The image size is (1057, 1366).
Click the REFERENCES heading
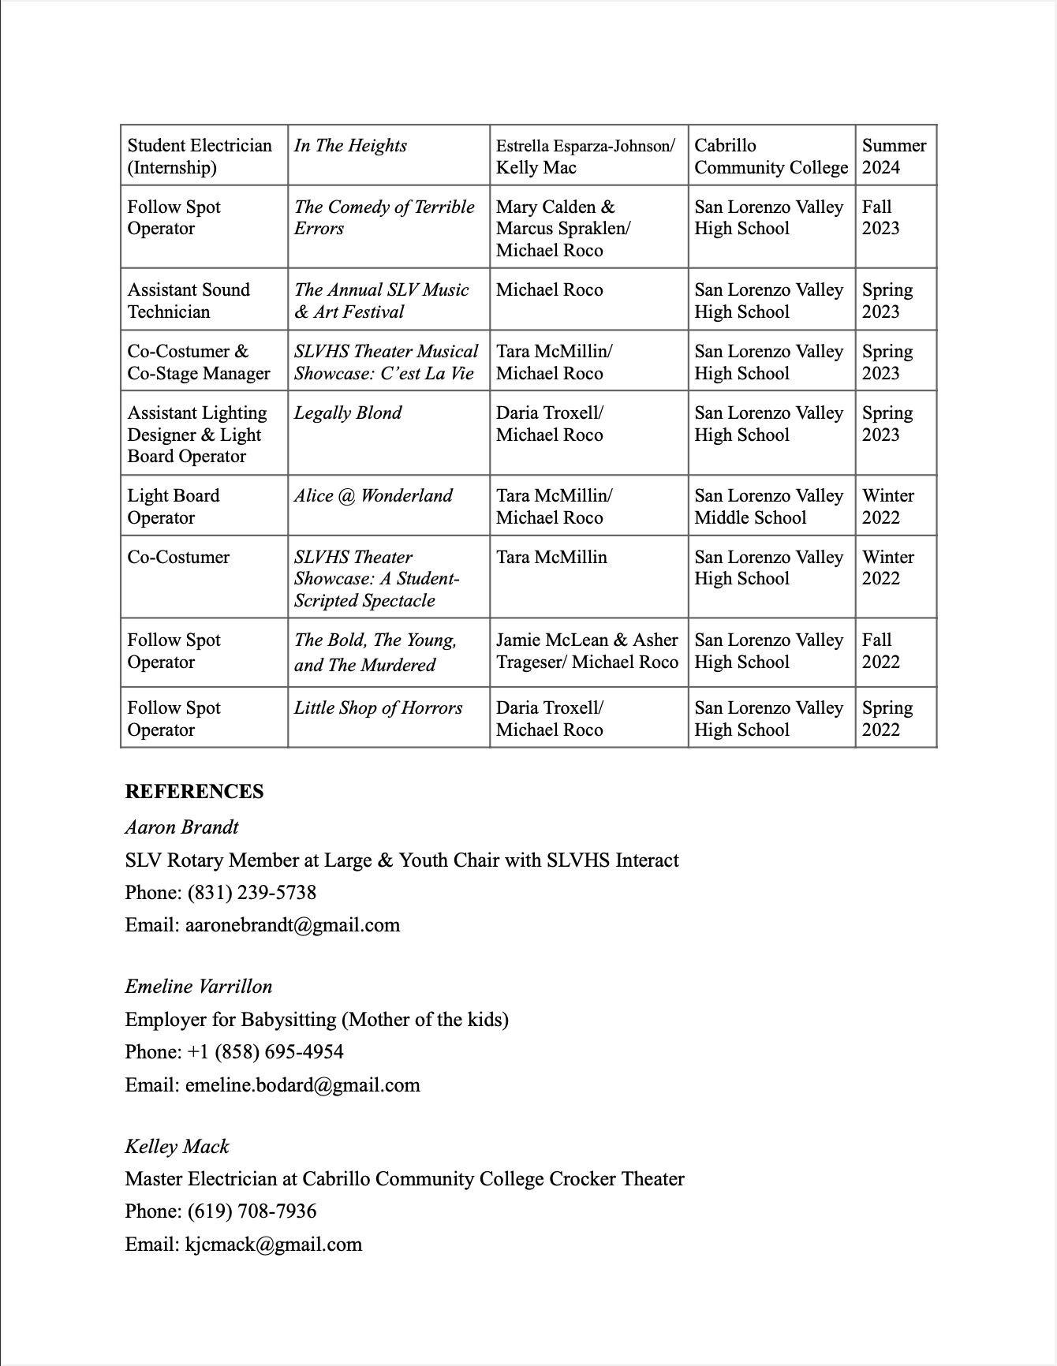point(194,791)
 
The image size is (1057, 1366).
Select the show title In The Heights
point(350,146)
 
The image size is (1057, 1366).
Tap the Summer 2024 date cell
point(894,156)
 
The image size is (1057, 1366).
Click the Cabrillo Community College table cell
point(771,156)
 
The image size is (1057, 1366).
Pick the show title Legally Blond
point(348,413)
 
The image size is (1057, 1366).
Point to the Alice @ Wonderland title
point(373,496)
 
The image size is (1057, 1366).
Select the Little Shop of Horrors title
point(378,708)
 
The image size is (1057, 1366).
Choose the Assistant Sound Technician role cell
point(189,300)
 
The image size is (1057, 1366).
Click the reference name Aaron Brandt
point(181,827)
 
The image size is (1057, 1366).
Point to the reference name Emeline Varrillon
point(199,987)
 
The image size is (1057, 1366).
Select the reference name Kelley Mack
point(177,1147)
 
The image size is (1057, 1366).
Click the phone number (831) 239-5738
point(252,893)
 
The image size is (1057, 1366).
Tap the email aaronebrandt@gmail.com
point(292,925)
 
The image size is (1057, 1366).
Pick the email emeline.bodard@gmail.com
point(302,1085)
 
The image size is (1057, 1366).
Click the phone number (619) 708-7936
point(252,1211)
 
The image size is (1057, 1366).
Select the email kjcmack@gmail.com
point(273,1245)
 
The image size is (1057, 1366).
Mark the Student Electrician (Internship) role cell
point(200,156)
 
